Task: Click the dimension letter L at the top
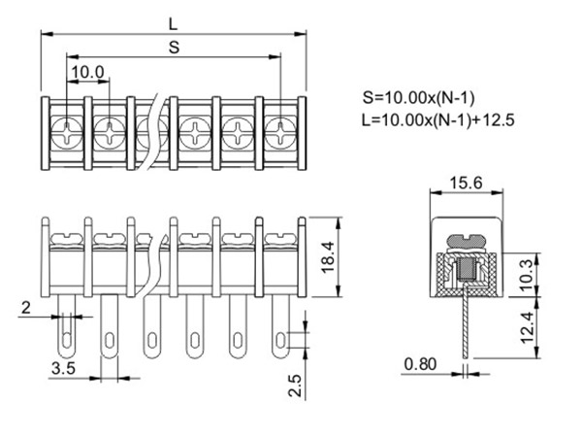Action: pyautogui.click(x=172, y=20)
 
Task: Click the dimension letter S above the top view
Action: pyautogui.click(x=174, y=46)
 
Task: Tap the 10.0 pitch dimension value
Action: pyautogui.click(x=88, y=72)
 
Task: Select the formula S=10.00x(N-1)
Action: pyautogui.click(x=418, y=98)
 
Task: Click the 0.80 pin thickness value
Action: pyautogui.click(x=421, y=366)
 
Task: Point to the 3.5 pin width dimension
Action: pyautogui.click(x=64, y=369)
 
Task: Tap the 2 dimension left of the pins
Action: pyautogui.click(x=26, y=308)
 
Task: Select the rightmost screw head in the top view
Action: pyautogui.click(x=279, y=128)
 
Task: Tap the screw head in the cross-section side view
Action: pyautogui.click(x=467, y=240)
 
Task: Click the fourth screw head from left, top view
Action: pyautogui.click(x=195, y=128)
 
